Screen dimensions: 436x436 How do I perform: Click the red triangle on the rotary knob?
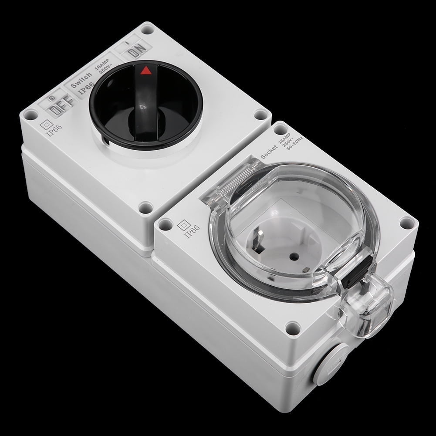[x=146, y=70]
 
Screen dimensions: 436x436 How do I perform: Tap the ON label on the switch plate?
[x=137, y=51]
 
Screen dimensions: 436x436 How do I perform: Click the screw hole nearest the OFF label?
[x=31, y=115]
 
